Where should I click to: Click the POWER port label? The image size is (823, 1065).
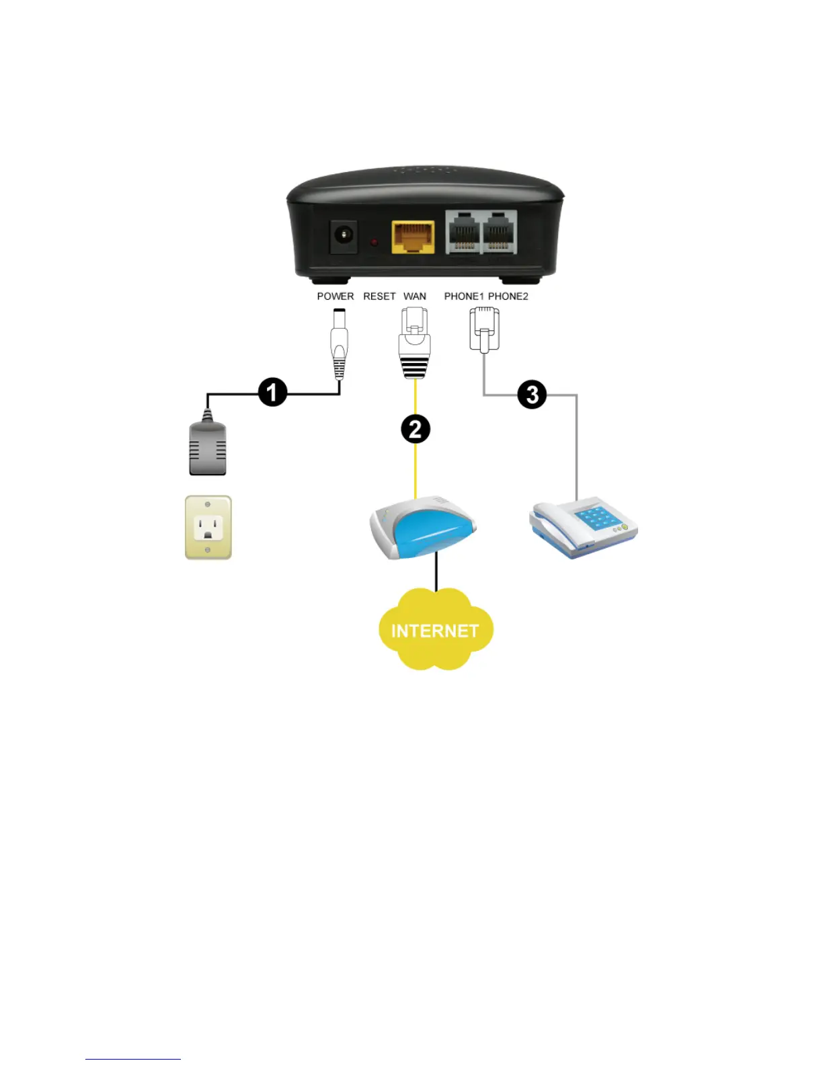pyautogui.click(x=335, y=297)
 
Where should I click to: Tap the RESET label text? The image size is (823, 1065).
pyautogui.click(x=379, y=297)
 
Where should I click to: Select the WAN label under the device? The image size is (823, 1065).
pyautogui.click(x=414, y=297)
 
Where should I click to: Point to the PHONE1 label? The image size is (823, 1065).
pyautogui.click(x=463, y=297)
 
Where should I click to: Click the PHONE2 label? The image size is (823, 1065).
pyautogui.click(x=508, y=297)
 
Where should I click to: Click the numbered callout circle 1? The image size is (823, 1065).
pyautogui.click(x=272, y=392)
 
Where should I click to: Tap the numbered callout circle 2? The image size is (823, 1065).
pyautogui.click(x=416, y=429)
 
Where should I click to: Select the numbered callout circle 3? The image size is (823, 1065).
pyautogui.click(x=532, y=395)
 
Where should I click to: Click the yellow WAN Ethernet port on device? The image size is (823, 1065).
pyautogui.click(x=413, y=237)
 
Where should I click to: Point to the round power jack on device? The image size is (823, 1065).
pyautogui.click(x=344, y=236)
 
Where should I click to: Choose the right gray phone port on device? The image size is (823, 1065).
pyautogui.click(x=499, y=233)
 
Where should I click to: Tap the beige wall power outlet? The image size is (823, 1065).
pyautogui.click(x=208, y=528)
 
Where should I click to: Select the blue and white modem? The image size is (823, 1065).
pyautogui.click(x=422, y=528)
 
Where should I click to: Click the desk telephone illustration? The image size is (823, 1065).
pyautogui.click(x=584, y=528)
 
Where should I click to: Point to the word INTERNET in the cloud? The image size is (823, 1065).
pyautogui.click(x=435, y=631)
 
